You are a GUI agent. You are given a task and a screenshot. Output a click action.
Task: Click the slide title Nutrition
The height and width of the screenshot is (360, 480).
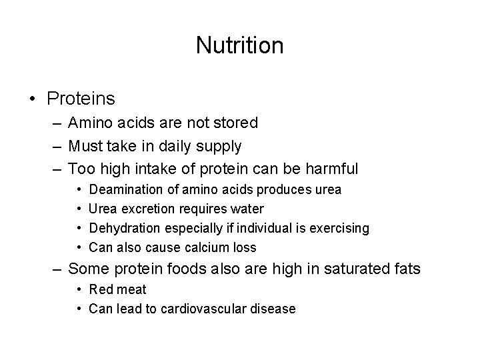[239, 45]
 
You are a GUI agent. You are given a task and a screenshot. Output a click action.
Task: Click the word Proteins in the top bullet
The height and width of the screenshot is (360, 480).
[81, 99]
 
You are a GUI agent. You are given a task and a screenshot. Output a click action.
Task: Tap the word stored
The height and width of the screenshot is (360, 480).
[234, 123]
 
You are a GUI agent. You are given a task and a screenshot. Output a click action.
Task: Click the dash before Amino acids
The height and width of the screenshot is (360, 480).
[56, 123]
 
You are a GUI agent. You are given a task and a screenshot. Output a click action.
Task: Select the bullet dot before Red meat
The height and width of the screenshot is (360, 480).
[79, 290]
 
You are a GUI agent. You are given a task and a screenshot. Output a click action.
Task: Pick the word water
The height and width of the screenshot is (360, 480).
[247, 209]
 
